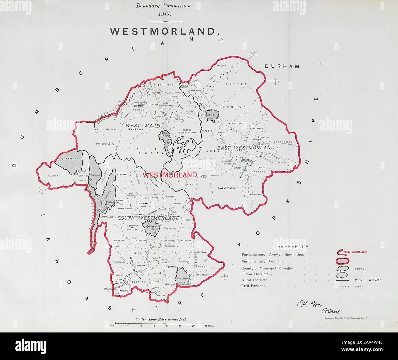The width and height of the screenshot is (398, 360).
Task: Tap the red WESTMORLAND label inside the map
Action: (x=170, y=175)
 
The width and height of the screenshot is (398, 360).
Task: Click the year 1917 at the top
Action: (x=166, y=14)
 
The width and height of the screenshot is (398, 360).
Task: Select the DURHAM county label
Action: (x=282, y=66)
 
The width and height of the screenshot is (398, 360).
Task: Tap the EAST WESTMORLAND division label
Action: (x=246, y=148)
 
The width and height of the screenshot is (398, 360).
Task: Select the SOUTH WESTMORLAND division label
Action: (x=148, y=218)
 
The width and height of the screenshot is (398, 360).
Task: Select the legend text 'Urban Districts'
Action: (x=254, y=274)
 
